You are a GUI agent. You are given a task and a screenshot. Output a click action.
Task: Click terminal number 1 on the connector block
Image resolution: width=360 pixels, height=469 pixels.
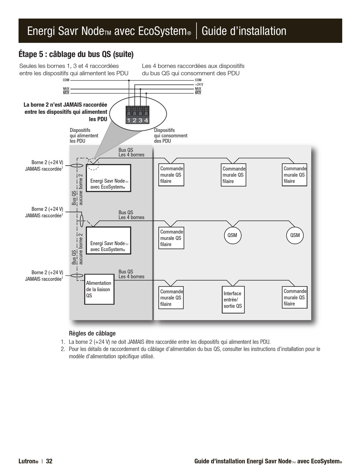[x=129, y=120]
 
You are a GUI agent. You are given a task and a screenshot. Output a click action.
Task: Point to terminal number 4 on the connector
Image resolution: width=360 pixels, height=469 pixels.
[x=146, y=120]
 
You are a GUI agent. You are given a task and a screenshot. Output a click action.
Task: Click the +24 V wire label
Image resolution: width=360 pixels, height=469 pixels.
[x=199, y=85]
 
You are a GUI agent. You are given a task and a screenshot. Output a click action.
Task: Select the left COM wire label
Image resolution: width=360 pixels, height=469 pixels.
[x=66, y=80]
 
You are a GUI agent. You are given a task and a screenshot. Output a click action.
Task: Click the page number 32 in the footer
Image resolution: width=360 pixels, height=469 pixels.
[x=49, y=461]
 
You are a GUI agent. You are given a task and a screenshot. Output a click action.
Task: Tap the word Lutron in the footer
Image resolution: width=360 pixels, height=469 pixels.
[x=27, y=461]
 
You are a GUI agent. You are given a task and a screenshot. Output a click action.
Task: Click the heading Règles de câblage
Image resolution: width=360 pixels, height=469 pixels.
[x=92, y=334]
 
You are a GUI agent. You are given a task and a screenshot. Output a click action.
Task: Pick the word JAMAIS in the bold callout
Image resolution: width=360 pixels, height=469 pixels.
[x=72, y=105]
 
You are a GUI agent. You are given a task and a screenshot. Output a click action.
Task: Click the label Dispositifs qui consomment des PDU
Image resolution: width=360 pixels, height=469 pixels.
[x=171, y=135]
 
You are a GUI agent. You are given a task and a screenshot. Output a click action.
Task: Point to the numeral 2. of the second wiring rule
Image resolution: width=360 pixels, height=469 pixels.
[x=63, y=349]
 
